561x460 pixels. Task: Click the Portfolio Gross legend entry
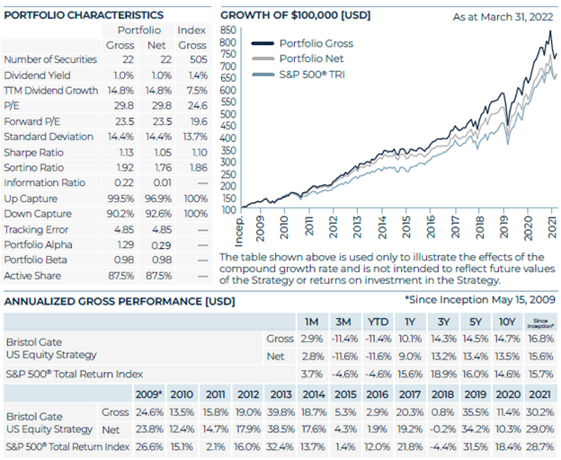[302, 44]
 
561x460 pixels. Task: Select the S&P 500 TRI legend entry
[298, 75]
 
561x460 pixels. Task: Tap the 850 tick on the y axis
[228, 30]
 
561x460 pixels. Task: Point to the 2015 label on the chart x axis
[405, 227]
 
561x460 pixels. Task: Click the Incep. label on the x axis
[238, 232]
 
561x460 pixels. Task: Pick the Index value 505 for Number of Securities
[199, 59]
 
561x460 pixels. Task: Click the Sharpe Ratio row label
[33, 153]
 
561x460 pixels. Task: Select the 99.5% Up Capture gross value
[120, 199]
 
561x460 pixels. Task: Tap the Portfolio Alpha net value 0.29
[162, 245]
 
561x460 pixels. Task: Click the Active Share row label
[32, 276]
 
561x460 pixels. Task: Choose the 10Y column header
[507, 322]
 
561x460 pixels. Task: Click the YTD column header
[378, 322]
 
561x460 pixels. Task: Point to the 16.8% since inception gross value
[540, 339]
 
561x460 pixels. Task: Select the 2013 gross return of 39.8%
[280, 412]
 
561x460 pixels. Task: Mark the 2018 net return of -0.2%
[442, 429]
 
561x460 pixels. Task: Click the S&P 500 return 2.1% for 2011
[216, 447]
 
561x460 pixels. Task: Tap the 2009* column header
[149, 394]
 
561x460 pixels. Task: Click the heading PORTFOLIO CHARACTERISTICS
[84, 15]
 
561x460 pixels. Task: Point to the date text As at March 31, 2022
[503, 17]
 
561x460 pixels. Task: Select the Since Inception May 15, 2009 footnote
[480, 299]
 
